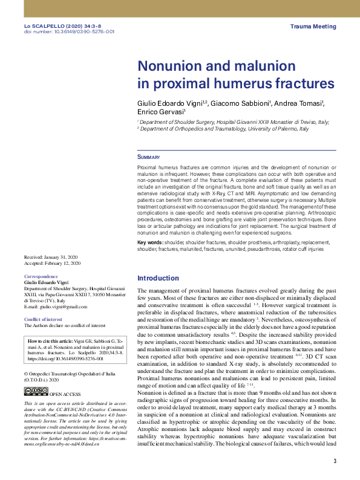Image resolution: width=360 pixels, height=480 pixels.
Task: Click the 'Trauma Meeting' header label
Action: (313, 27)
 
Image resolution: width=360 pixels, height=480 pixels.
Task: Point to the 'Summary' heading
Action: (148, 157)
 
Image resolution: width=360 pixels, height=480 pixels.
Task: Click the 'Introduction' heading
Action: (158, 278)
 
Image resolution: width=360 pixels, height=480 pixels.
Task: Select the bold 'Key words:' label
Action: (151, 242)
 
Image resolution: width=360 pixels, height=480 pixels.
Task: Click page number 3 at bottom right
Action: (335, 462)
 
